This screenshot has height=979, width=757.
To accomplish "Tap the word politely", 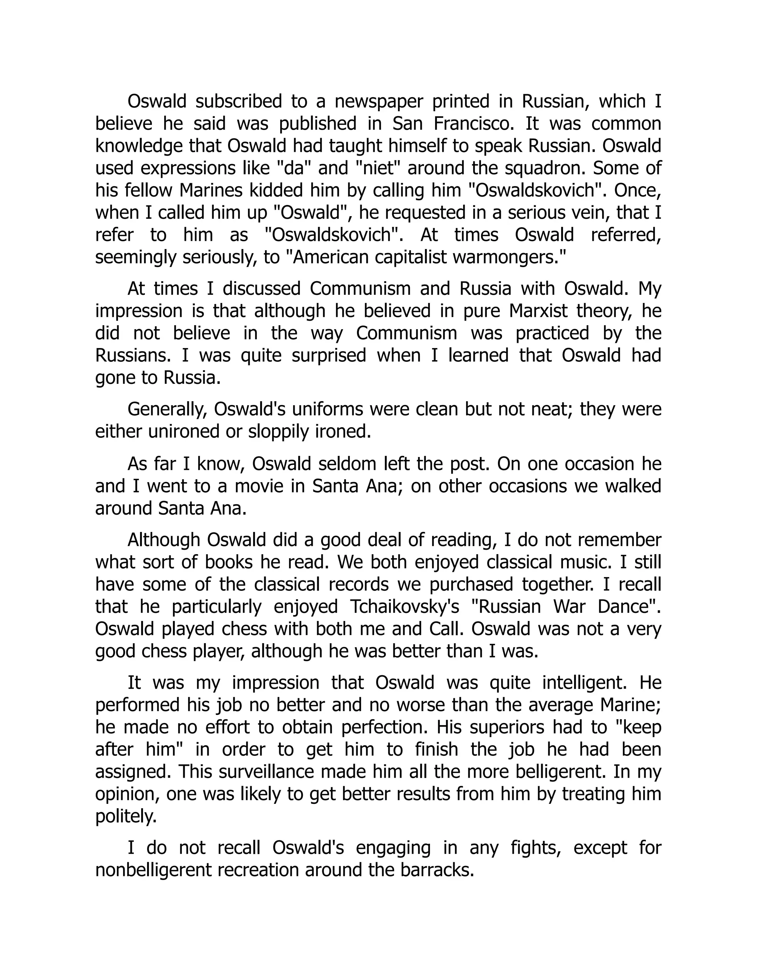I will (x=126, y=816).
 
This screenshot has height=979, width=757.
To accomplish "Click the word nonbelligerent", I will (x=153, y=870).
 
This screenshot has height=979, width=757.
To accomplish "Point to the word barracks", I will (x=437, y=870).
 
